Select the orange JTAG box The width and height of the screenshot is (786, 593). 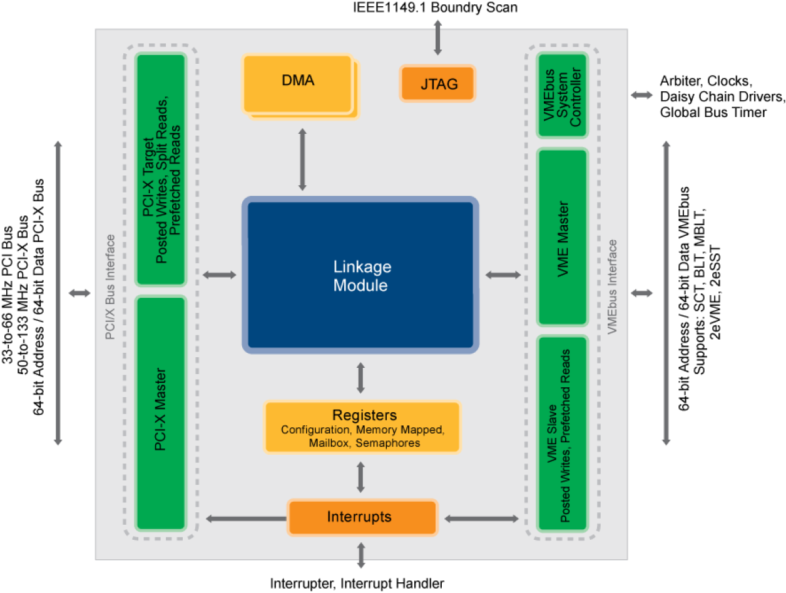click(x=438, y=83)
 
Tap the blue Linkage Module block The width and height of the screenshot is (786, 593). click(x=360, y=275)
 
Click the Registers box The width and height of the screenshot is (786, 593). click(x=362, y=427)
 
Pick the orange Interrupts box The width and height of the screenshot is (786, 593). click(x=362, y=517)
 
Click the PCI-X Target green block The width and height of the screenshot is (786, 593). click(x=161, y=169)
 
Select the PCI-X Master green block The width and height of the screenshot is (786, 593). click(x=161, y=413)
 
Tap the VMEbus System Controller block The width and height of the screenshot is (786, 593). click(x=562, y=95)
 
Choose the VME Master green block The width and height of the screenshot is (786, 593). click(x=562, y=238)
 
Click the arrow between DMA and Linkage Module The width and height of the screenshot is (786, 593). click(x=302, y=159)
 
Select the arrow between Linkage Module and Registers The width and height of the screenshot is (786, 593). click(x=360, y=377)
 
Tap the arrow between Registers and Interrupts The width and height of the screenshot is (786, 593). click(x=360, y=477)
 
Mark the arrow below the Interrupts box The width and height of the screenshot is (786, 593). click(x=361, y=555)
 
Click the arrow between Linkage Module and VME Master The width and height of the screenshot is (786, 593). click(x=503, y=275)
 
